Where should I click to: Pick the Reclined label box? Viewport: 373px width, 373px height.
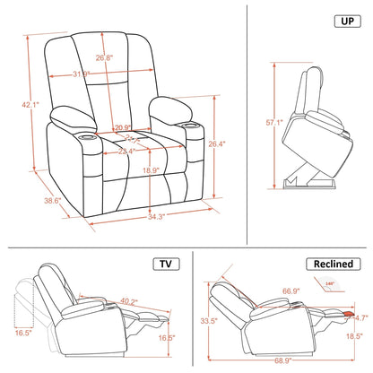pyautogui.click(x=333, y=265)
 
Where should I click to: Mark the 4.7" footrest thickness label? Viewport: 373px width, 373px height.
pyautogui.click(x=361, y=317)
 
